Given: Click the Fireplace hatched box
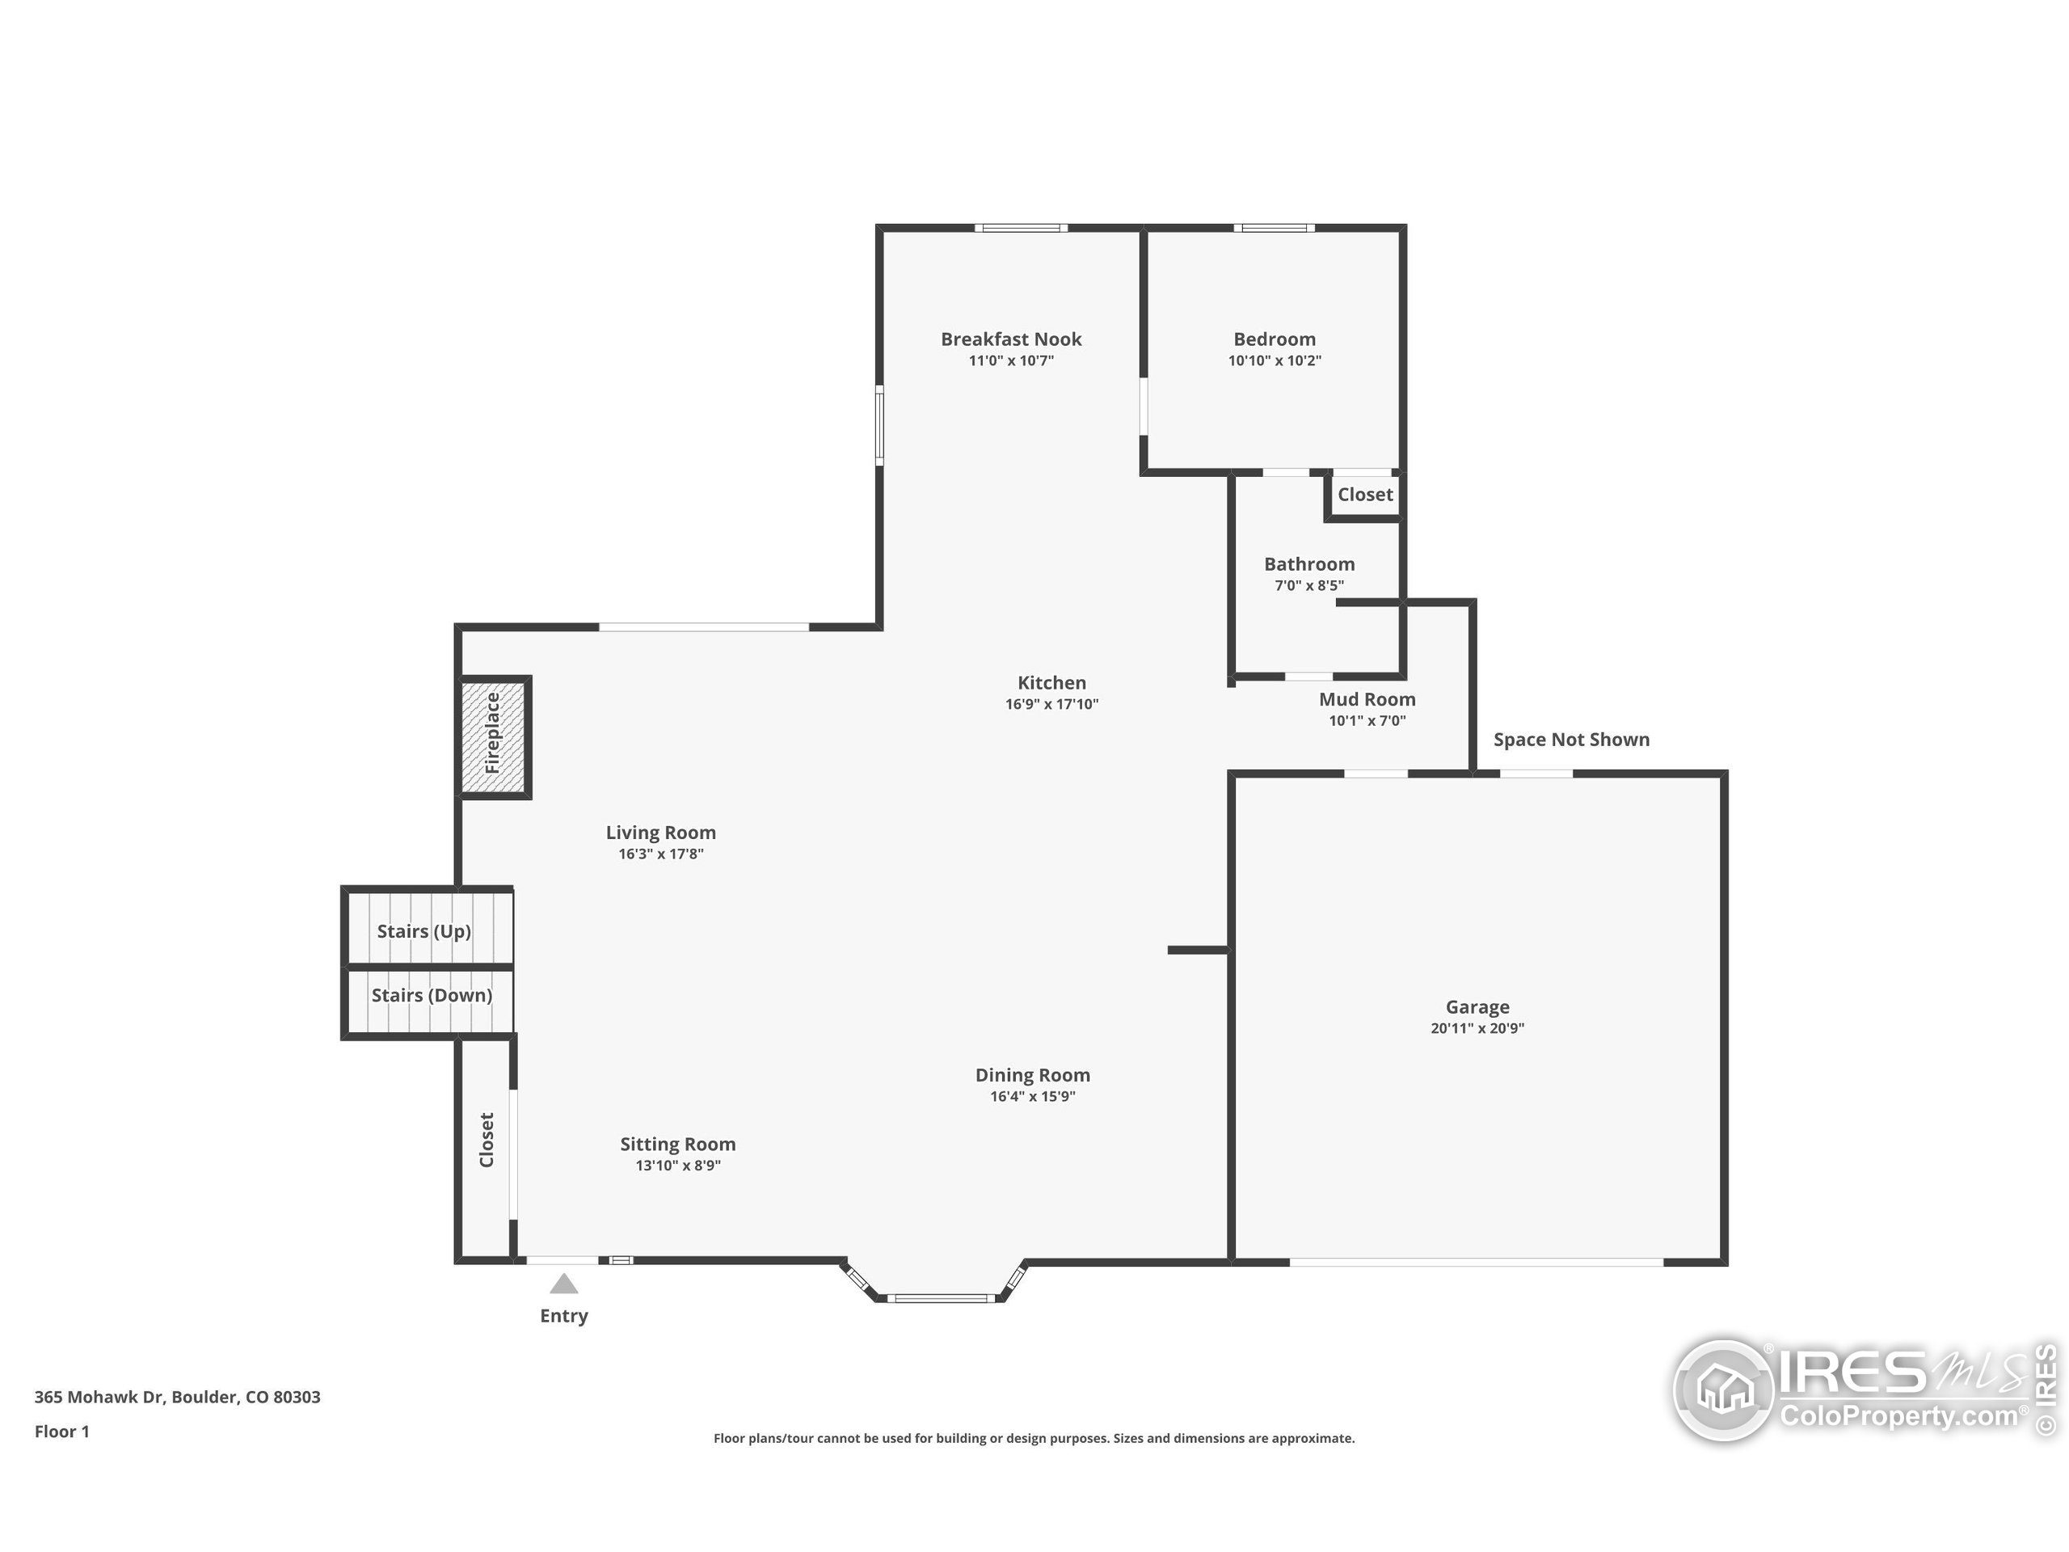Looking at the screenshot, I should point(494,736).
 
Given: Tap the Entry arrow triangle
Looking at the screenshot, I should point(563,1284).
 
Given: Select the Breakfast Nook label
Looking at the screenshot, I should point(1010,339).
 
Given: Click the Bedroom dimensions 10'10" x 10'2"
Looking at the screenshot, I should point(1274,361).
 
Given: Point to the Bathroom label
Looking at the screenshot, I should point(1308,563).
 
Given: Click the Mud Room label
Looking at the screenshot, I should point(1367,699).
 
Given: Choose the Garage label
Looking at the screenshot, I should point(1477,1006).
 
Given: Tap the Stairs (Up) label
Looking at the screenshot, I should point(423,931).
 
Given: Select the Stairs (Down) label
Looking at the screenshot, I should point(432,994).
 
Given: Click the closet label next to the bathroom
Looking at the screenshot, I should point(1365,494).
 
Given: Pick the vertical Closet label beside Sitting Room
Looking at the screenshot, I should point(487,1140).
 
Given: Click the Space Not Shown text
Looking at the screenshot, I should point(1570,739).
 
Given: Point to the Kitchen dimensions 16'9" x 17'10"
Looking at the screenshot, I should point(1051,704).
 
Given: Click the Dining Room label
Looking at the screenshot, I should point(1032,1075).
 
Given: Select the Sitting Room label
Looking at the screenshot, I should point(677,1143).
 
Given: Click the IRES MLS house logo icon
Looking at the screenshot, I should point(1723,1390).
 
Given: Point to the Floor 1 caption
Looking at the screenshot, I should point(61,1432).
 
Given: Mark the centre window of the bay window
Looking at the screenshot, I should point(941,1297).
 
